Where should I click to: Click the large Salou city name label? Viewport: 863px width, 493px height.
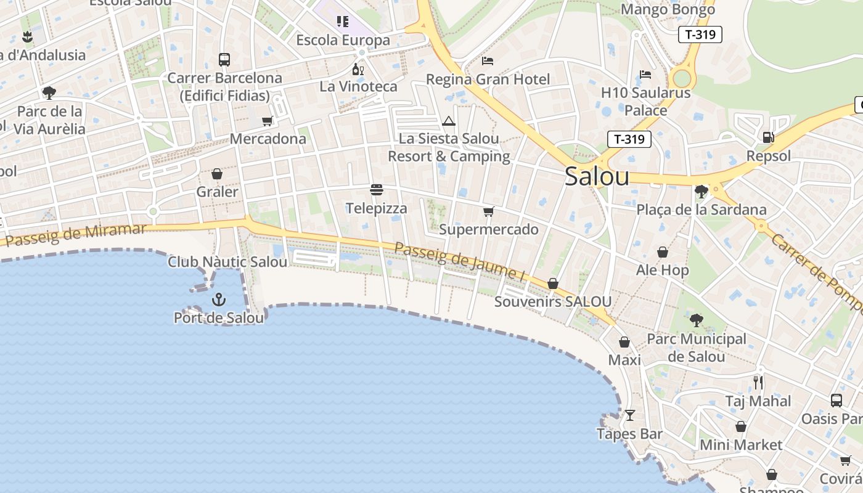click(x=597, y=177)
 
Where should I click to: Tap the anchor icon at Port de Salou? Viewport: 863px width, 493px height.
click(x=218, y=300)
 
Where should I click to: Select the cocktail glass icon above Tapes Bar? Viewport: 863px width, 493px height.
click(x=629, y=415)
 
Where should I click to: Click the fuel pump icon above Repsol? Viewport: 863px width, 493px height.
click(x=768, y=137)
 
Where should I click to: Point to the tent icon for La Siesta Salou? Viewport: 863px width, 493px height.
click(x=449, y=121)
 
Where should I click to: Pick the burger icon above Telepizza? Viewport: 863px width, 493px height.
click(x=377, y=190)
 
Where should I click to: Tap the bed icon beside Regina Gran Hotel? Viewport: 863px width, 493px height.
click(x=488, y=61)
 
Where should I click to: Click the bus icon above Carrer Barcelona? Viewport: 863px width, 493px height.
click(x=224, y=60)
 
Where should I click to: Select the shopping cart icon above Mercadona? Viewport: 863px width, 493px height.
click(x=268, y=121)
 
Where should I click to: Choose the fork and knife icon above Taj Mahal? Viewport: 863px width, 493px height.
click(x=758, y=383)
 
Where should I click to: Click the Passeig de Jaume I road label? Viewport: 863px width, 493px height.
click(x=459, y=263)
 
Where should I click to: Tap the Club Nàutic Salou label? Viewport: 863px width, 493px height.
click(x=227, y=262)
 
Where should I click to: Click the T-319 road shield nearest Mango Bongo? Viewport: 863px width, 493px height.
click(x=700, y=35)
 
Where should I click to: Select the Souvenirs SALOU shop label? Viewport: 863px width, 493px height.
click(x=553, y=301)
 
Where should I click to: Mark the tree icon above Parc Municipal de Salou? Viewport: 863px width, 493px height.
click(x=697, y=320)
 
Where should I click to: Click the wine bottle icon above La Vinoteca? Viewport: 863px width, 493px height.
click(x=358, y=68)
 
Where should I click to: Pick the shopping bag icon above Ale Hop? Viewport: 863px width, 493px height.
click(x=663, y=252)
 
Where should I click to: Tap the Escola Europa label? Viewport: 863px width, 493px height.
click(x=343, y=40)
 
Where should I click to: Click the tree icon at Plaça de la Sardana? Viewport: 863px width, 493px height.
click(x=701, y=191)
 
